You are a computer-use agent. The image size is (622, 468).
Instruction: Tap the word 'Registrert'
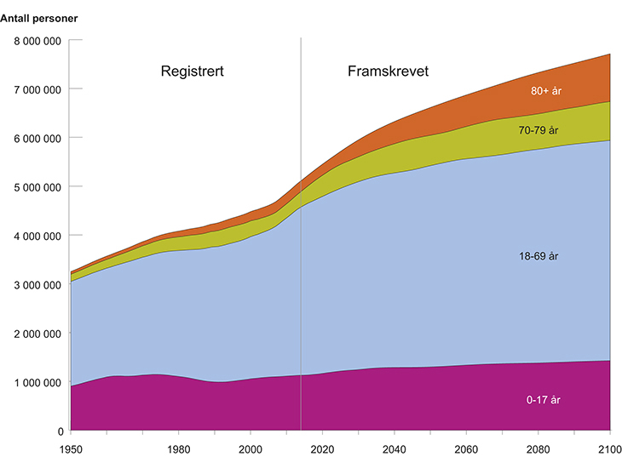pos(193,71)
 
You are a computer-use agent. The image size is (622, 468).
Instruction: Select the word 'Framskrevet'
pos(388,71)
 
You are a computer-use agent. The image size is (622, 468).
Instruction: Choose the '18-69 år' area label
pos(541,255)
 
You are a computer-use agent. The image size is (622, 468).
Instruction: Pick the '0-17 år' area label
pos(544,400)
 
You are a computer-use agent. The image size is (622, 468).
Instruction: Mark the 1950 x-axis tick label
pos(71,448)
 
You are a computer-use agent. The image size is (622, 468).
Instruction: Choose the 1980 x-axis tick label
pos(178,448)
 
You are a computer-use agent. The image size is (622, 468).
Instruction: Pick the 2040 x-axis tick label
pos(395,448)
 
